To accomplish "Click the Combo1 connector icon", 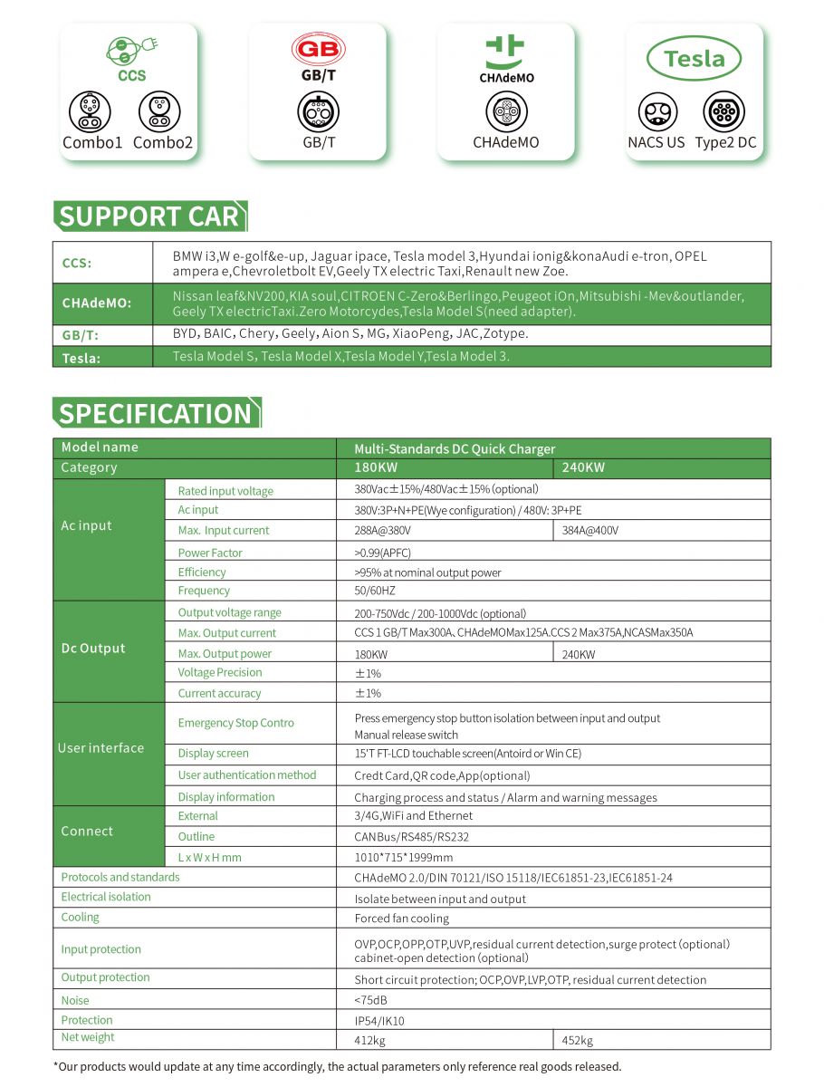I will [90, 111].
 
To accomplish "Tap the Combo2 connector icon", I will [159, 111].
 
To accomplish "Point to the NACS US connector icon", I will [657, 112].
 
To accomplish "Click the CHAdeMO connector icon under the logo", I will [505, 112].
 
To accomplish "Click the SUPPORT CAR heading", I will [149, 216].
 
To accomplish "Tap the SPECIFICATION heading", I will [156, 413].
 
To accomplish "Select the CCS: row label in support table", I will [77, 264].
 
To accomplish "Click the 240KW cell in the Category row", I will [583, 467].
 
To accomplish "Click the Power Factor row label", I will [210, 553].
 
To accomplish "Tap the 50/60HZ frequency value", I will [375, 591].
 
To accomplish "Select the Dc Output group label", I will [92, 649].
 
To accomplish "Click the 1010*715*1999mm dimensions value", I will [404, 857].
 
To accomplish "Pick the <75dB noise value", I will [371, 1001].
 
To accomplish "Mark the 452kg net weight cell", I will [578, 1040].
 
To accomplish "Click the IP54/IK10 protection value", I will [379, 1021].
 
